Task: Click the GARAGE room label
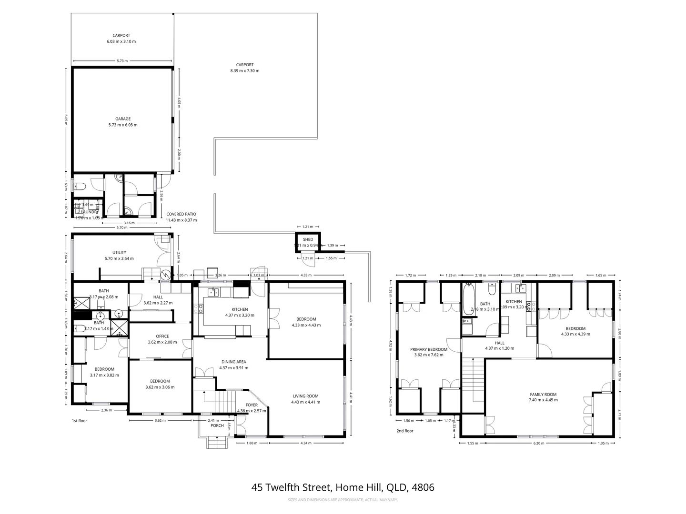[122, 122]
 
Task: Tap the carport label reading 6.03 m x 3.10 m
[121, 39]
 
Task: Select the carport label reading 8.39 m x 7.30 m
[244, 68]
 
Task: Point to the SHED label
[308, 239]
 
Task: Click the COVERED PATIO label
[181, 217]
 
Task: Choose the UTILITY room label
[119, 256]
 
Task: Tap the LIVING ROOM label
[305, 399]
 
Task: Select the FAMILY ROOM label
[543, 397]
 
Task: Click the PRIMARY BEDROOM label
[429, 352]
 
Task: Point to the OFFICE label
[162, 339]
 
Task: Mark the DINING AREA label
[233, 365]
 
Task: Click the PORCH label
[217, 425]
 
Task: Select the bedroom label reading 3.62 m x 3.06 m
[160, 384]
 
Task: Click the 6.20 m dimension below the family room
[538, 443]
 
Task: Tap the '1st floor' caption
[79, 421]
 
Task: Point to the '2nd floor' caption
[405, 431]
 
